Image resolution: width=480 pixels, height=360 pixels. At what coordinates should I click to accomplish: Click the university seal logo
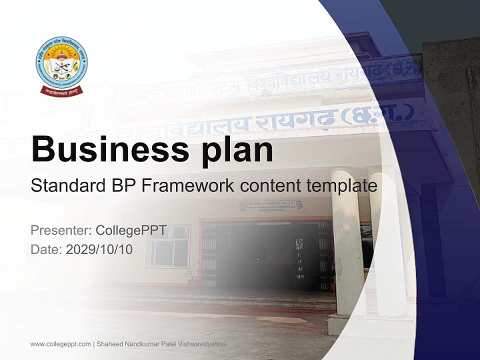coord(61,63)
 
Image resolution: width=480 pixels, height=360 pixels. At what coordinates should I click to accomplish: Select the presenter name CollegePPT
coord(131,230)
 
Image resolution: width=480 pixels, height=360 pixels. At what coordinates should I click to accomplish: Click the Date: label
coord(46,249)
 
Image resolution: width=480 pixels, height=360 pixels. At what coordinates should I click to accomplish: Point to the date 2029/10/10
coord(99,249)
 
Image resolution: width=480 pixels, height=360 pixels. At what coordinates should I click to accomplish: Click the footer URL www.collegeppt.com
coord(60,344)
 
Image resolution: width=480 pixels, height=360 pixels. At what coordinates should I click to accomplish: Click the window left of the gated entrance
coord(168,246)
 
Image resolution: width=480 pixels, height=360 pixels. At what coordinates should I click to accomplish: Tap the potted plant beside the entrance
coord(190,276)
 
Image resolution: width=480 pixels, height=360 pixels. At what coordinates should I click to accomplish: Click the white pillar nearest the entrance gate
coord(349,240)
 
